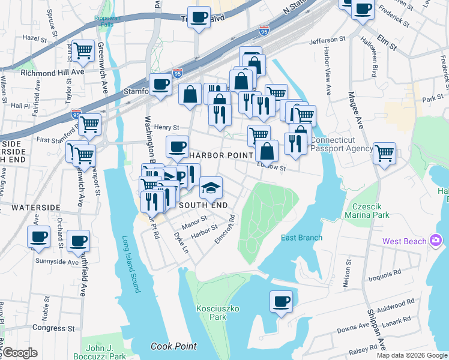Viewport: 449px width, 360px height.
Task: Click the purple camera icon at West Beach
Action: click(436, 241)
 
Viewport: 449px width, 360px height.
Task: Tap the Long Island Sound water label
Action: click(130, 264)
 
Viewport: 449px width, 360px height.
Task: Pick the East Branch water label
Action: click(302, 238)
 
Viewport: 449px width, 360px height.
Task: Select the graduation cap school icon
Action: click(211, 188)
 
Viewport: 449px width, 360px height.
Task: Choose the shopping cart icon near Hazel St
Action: click(83, 50)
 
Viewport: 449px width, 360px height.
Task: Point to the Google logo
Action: click(19, 353)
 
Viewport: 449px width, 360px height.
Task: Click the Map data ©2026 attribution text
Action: click(411, 355)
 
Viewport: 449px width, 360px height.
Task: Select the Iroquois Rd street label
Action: click(385, 273)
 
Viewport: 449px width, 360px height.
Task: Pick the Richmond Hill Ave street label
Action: click(44, 72)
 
